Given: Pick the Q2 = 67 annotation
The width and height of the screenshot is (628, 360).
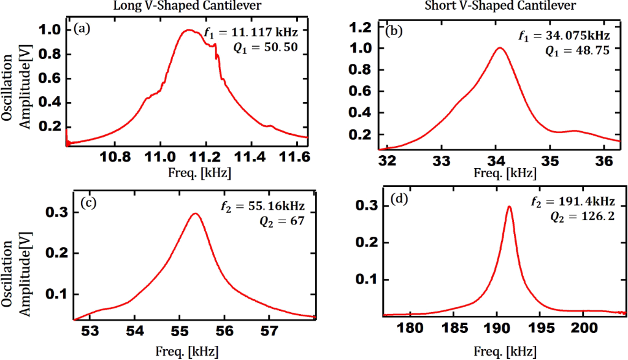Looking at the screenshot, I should click(289, 220).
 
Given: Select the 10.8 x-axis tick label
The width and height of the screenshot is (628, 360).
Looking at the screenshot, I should click(118, 157).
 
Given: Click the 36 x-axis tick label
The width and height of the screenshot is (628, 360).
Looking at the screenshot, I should click(605, 162).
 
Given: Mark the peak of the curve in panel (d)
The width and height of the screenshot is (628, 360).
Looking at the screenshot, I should click(509, 207).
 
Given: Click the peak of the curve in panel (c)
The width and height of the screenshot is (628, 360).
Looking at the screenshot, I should click(195, 214).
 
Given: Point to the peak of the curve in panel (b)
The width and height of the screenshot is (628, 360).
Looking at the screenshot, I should click(500, 48).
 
